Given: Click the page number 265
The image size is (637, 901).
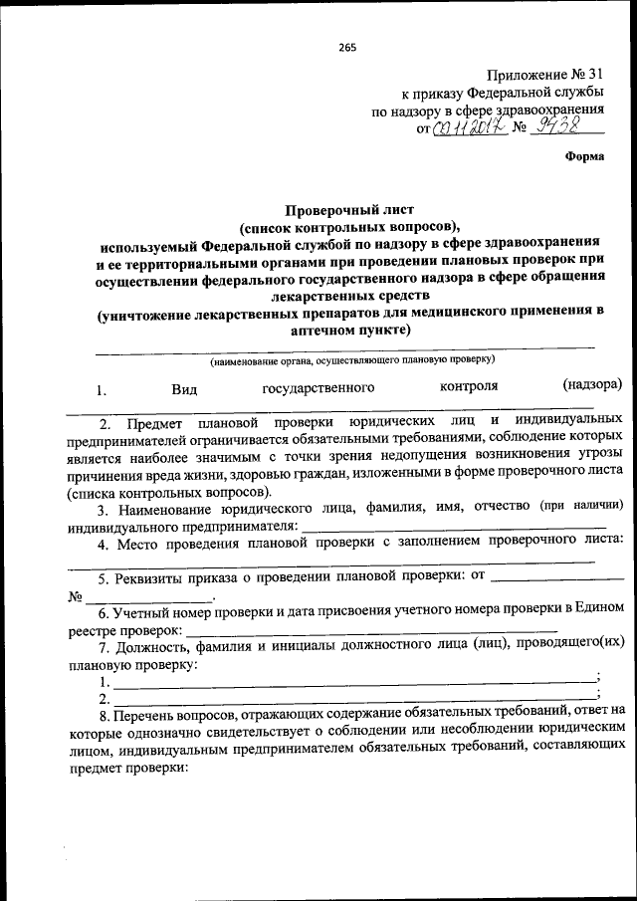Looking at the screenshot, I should (x=346, y=48).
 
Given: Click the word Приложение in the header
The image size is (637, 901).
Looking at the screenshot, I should (x=526, y=75).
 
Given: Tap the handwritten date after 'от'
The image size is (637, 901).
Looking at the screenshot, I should (x=467, y=127).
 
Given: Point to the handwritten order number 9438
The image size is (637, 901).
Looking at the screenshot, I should (x=560, y=126).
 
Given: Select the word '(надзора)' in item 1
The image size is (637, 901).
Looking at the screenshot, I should (x=591, y=385).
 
